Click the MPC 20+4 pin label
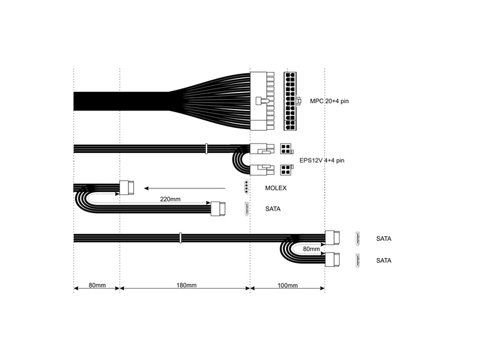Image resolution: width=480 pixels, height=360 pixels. click(329, 101)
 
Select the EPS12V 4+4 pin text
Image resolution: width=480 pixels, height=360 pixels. click(322, 161)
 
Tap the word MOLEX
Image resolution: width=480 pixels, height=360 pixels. click(275, 188)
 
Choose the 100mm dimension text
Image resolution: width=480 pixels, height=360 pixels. click(287, 285)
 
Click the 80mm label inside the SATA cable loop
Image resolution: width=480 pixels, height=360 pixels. click(311, 248)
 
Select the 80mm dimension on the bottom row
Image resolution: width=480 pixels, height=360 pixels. click(96, 285)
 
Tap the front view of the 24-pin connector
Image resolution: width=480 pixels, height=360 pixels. click(292, 101)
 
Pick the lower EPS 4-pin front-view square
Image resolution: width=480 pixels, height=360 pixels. click(286, 170)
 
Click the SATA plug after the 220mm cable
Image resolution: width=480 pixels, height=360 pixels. click(219, 209)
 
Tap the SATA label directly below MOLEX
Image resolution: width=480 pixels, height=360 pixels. click(273, 209)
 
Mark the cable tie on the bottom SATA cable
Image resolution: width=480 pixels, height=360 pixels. click(180, 238)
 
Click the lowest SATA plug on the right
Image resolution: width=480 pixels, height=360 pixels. click(332, 260)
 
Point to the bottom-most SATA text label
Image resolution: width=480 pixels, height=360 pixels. click(383, 260)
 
